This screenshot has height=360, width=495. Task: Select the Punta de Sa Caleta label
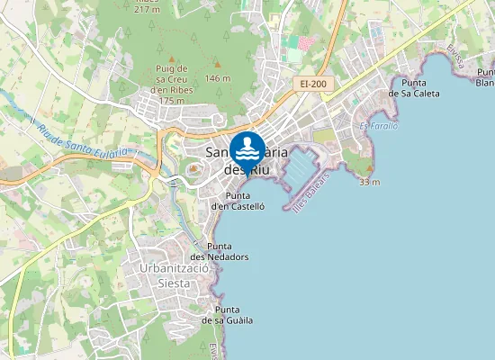414,87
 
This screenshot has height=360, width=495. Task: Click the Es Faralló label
378,126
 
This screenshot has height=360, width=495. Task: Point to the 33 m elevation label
369,182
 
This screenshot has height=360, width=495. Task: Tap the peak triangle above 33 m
369,168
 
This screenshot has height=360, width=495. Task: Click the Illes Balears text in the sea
311,191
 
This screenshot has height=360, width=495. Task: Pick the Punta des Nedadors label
228,251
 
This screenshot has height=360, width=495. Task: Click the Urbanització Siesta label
175,275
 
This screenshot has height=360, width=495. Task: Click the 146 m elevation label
218,78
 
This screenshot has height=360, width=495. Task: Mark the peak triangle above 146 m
217,64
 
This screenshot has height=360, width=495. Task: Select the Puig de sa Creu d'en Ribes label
170,84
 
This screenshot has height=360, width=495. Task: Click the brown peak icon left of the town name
193,168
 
